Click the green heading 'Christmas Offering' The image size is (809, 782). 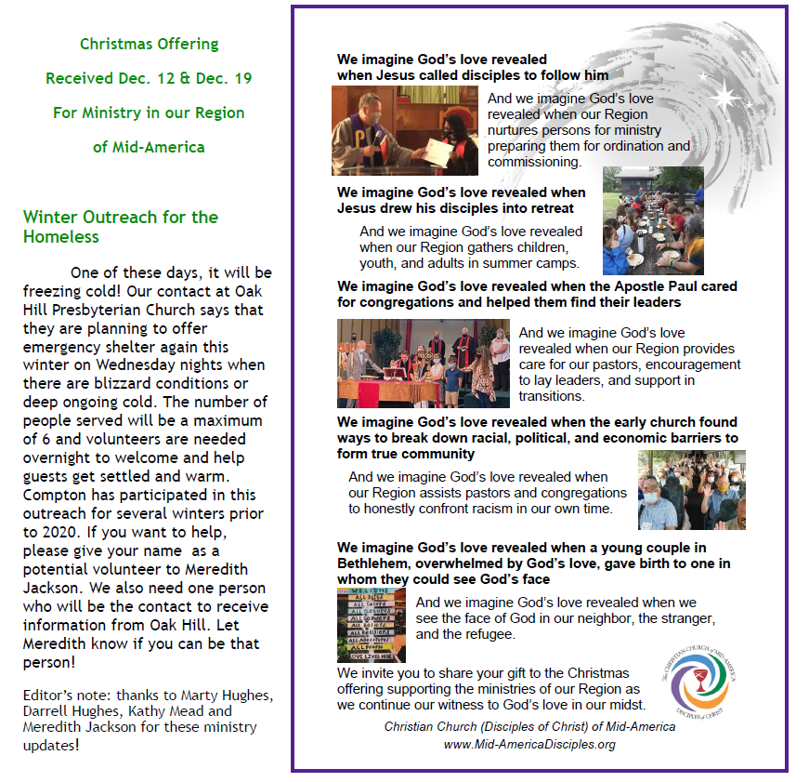tap(149, 44)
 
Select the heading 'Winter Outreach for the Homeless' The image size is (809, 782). tap(121, 227)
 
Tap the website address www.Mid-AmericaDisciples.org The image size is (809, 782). tap(529, 744)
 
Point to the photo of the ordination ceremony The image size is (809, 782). tap(404, 131)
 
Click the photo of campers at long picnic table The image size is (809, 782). tap(653, 220)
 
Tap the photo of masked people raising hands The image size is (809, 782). tap(691, 490)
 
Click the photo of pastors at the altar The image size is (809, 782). tap(423, 363)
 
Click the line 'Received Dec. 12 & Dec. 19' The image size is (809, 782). tap(149, 78)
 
